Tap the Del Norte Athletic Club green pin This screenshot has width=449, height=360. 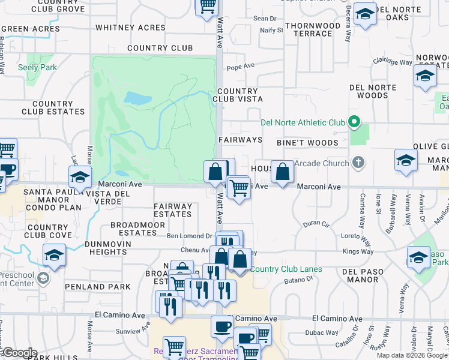click(x=354, y=123)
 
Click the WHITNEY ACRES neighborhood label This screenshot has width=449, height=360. click(x=130, y=28)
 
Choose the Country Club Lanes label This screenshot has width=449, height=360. click(x=286, y=269)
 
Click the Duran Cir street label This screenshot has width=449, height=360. click(x=316, y=224)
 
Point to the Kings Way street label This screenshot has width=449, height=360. click(x=358, y=251)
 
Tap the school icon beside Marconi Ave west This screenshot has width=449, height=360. click(x=79, y=177)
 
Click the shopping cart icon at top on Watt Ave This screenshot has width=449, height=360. click(x=207, y=6)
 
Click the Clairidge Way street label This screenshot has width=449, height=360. click(x=392, y=61)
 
